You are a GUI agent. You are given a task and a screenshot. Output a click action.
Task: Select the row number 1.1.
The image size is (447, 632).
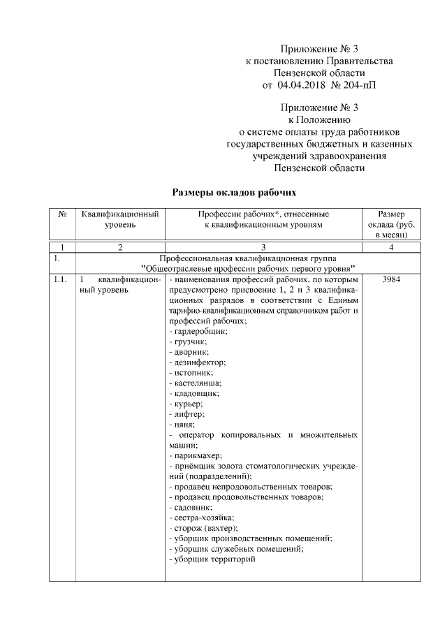(x=60, y=280)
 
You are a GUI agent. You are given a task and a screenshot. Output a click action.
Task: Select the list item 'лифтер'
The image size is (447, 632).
(x=188, y=415)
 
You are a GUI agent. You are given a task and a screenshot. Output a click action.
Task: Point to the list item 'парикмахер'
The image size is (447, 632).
(x=196, y=455)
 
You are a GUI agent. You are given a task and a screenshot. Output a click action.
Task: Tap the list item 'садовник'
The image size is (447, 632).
(x=192, y=507)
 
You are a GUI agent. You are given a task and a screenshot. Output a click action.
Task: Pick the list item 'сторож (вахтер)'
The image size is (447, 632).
(x=204, y=528)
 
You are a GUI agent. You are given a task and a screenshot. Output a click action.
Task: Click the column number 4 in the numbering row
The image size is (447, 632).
(x=392, y=247)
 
